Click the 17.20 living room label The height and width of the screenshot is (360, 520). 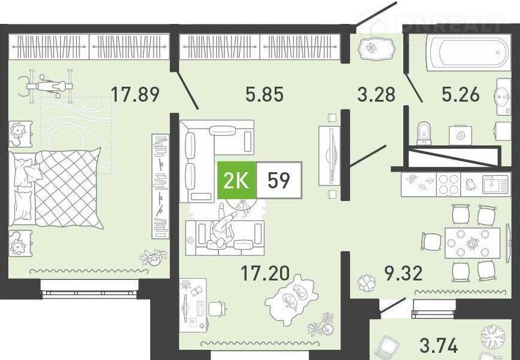pos(265,274)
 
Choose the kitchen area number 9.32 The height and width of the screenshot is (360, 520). pos(403,273)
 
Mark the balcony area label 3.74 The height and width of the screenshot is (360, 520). pos(439,346)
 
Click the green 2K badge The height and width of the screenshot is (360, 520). pos(236,181)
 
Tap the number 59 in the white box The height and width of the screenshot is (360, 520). pos(279,181)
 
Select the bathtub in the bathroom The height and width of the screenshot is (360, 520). pos(469,53)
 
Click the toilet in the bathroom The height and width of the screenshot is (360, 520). pos(424,133)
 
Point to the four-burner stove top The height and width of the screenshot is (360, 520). pos(448,184)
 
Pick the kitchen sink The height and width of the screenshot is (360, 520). pos(495,184)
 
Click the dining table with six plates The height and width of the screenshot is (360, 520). pos(472,243)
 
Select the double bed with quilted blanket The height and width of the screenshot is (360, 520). pos(56,188)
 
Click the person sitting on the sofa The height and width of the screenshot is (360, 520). pos(221,228)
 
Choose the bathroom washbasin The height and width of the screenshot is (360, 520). pos(503,97)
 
